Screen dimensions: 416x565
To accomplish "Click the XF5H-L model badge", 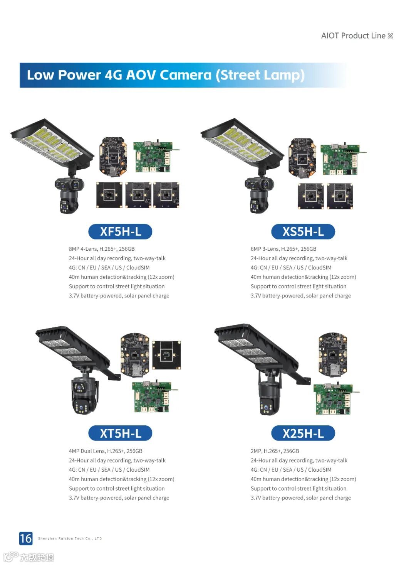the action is pyautogui.click(x=120, y=231).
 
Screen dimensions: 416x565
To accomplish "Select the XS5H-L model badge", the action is pyautogui.click(x=303, y=231).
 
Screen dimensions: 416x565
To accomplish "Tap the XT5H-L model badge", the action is pyautogui.click(x=120, y=433).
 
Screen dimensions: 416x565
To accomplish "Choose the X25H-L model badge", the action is pyautogui.click(x=303, y=433).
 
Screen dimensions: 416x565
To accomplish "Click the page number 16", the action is pyautogui.click(x=26, y=538).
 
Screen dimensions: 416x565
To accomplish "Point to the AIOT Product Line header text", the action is pyautogui.click(x=357, y=35).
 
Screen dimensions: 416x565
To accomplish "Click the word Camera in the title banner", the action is pyautogui.click(x=185, y=75).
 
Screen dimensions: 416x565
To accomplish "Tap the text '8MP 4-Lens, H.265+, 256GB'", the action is pyautogui.click(x=102, y=249).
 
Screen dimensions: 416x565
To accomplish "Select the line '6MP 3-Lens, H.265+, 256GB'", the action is pyautogui.click(x=283, y=249).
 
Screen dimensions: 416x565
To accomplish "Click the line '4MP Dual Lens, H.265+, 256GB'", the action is pyautogui.click(x=106, y=451).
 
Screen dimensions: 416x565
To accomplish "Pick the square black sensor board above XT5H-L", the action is pyautogui.click(x=166, y=355).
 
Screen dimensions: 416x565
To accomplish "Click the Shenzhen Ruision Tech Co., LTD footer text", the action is pyautogui.click(x=70, y=538).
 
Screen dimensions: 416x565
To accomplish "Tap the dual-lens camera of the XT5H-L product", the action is pyautogui.click(x=84, y=395).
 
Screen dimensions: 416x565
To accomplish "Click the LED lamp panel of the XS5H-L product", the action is pyautogui.click(x=242, y=143).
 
